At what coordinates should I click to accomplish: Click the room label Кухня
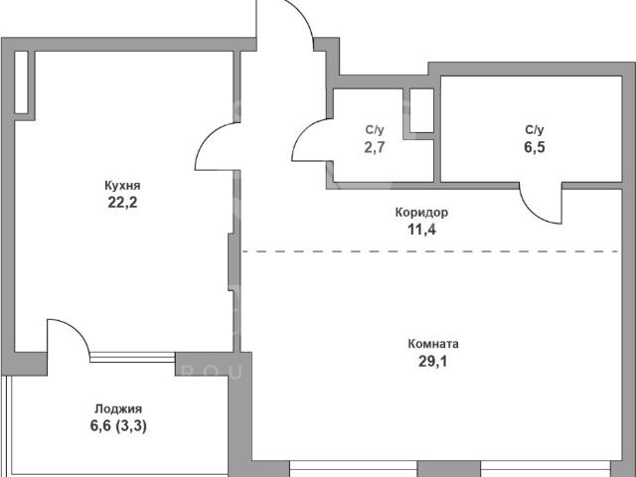click(x=122, y=186)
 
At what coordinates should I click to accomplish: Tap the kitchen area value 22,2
click(x=122, y=202)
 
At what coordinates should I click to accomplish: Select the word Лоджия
click(x=118, y=408)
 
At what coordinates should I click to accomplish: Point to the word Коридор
click(x=421, y=213)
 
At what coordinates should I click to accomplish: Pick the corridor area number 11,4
click(x=421, y=230)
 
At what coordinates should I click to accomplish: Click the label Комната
click(x=433, y=344)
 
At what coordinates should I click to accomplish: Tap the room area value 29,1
click(x=433, y=361)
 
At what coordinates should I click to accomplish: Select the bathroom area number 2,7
click(x=375, y=147)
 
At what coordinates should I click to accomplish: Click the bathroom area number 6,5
click(x=535, y=147)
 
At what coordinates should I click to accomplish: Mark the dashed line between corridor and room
click(x=430, y=251)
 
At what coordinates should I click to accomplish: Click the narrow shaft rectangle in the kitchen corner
click(x=22, y=82)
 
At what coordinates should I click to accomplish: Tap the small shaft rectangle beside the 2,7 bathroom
click(x=421, y=110)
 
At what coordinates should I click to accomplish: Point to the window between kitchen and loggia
click(x=132, y=358)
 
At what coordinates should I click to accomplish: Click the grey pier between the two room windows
click(x=449, y=469)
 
